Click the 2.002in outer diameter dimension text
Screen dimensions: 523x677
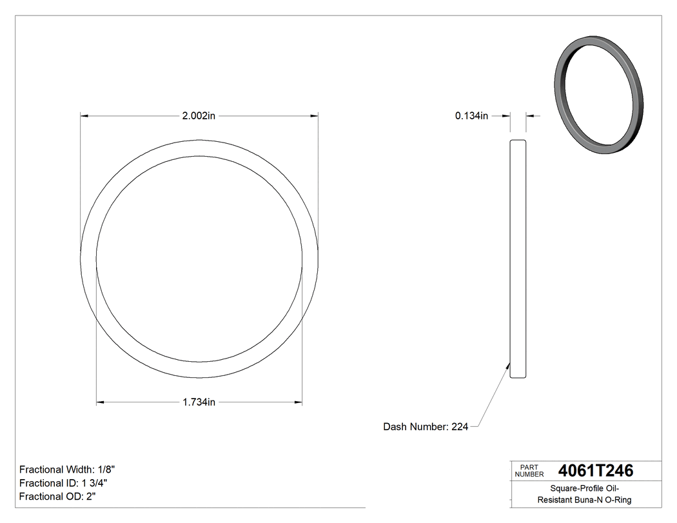pyautogui.click(x=199, y=116)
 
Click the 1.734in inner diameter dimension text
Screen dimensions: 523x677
pyautogui.click(x=199, y=402)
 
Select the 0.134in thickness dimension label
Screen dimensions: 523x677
pyautogui.click(x=471, y=116)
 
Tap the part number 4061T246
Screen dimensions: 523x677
pyautogui.click(x=595, y=471)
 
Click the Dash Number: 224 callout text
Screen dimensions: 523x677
pyautogui.click(x=426, y=427)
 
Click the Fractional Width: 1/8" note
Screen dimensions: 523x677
pyautogui.click(x=67, y=469)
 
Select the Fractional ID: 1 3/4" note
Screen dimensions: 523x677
pyautogui.click(x=63, y=483)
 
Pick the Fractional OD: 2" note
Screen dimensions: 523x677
pyautogui.click(x=58, y=497)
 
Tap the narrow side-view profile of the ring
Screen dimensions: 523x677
pyautogui.click(x=518, y=258)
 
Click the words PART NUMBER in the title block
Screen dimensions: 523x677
pyautogui.click(x=529, y=471)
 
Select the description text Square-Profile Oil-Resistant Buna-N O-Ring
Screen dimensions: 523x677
pyautogui.click(x=585, y=494)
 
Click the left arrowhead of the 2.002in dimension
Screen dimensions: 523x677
pyautogui.click(x=83, y=116)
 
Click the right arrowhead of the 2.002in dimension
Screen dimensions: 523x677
pyautogui.click(x=315, y=116)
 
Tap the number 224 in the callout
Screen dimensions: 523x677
pyautogui.click(x=460, y=427)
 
